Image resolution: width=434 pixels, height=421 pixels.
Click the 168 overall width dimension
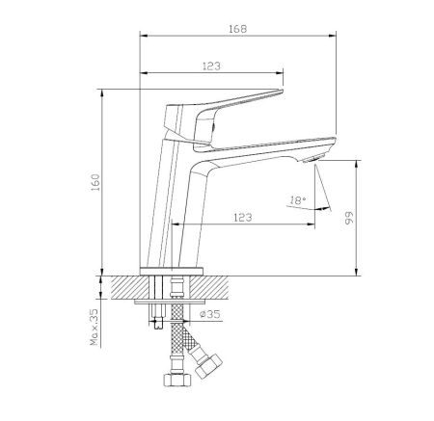tap(238, 29)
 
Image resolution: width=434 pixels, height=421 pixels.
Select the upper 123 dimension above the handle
tap(211, 66)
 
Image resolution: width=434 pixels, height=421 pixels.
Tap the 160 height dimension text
tap(95, 182)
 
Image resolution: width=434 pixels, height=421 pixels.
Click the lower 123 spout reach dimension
tap(243, 218)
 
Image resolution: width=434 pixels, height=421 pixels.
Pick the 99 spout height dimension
tap(349, 218)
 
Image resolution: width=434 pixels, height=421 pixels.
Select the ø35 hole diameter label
tap(210, 314)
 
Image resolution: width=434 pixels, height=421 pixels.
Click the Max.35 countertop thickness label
tap(95, 328)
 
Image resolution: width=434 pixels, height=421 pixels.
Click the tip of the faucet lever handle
tap(282, 92)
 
